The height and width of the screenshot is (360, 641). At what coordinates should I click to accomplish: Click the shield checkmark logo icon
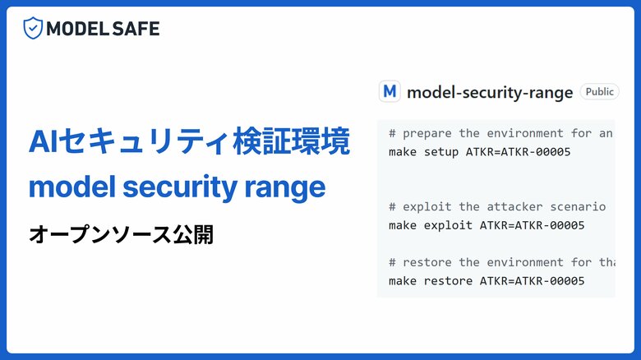coord(33,29)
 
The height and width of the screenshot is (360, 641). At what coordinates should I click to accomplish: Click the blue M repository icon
coord(390,91)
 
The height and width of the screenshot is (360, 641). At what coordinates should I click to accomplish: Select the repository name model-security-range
coord(489,92)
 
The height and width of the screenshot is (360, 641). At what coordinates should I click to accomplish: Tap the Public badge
coord(599,91)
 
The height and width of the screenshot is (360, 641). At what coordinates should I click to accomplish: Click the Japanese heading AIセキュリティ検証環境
coord(189,141)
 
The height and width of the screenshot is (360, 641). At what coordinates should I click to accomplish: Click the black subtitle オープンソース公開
coord(121,234)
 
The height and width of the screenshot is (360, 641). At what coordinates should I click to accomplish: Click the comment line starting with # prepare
coord(501,133)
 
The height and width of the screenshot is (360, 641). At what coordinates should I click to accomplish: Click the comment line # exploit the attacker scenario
coord(497,206)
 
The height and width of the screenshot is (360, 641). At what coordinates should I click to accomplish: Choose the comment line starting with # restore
coord(501,262)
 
